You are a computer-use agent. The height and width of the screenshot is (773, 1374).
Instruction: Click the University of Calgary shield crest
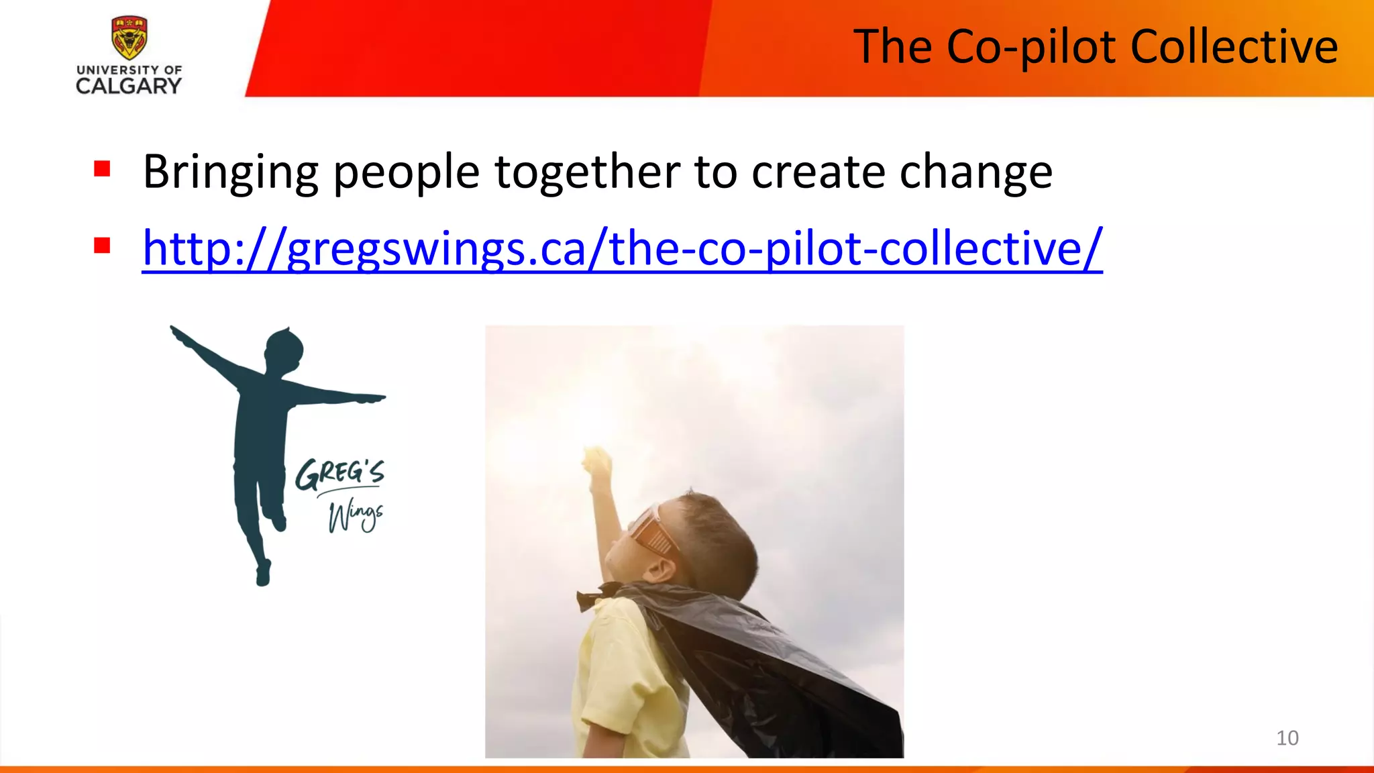[x=129, y=38]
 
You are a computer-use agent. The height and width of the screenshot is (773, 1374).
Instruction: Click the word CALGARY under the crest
[x=128, y=87]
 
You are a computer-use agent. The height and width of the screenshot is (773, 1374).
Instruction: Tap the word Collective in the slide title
[x=1234, y=47]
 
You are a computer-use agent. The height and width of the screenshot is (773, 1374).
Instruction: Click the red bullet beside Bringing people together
[x=102, y=168]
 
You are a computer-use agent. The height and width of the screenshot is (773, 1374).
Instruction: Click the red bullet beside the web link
[x=102, y=246]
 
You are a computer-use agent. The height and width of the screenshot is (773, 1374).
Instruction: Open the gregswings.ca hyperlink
[x=622, y=249]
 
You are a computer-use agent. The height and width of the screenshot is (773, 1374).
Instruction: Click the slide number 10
[x=1287, y=738]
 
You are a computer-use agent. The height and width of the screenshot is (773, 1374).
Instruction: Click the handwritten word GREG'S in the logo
[x=339, y=473]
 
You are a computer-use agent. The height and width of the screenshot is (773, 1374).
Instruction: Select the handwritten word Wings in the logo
[x=355, y=517]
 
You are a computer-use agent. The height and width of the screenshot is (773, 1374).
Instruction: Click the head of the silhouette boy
[x=284, y=349]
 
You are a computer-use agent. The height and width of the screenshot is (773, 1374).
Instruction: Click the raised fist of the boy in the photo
[x=596, y=462]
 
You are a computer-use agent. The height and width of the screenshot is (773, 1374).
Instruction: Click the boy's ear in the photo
[x=662, y=570]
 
